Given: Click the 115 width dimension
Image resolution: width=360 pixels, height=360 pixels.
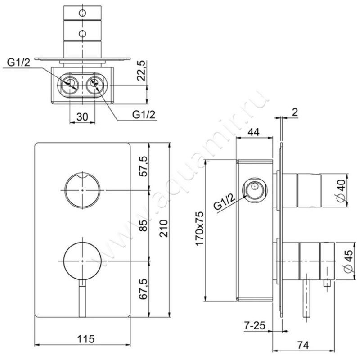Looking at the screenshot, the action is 86,339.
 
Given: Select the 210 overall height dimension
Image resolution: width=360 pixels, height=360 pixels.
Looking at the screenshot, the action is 164,229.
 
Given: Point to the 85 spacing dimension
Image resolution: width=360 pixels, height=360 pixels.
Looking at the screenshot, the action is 144,226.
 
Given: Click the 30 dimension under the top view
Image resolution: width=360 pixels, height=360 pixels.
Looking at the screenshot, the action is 82,117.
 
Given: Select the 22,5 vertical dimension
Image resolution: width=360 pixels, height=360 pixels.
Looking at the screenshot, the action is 141,71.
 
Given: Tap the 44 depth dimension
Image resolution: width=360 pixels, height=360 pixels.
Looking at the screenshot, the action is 253,132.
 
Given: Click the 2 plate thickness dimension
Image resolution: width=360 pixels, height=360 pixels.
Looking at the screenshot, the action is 295,112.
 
